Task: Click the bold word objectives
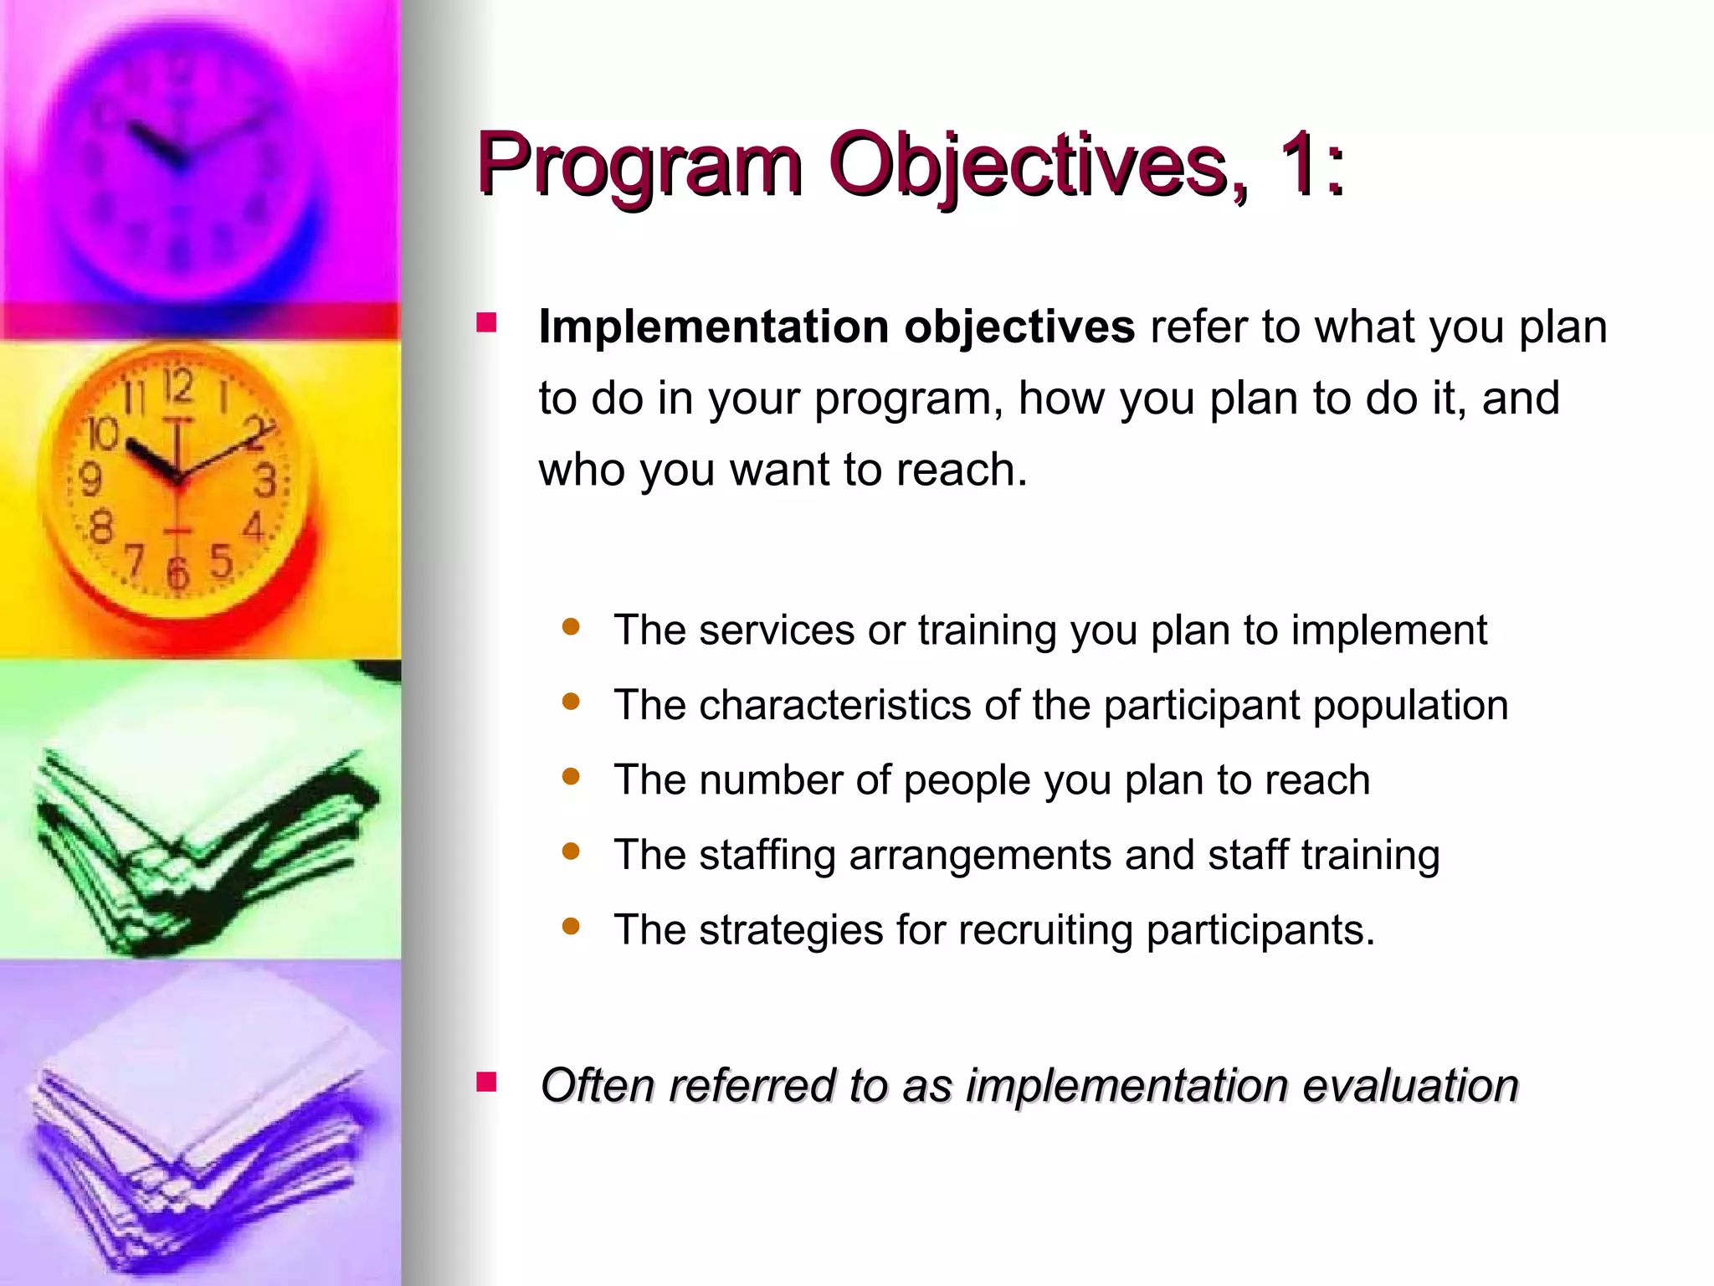(1019, 327)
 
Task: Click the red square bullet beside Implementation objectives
(486, 324)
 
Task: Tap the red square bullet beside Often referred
(486, 1083)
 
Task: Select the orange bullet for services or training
(572, 627)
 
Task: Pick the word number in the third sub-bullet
(771, 780)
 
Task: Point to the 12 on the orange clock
(177, 387)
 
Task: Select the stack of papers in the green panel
(201, 846)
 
